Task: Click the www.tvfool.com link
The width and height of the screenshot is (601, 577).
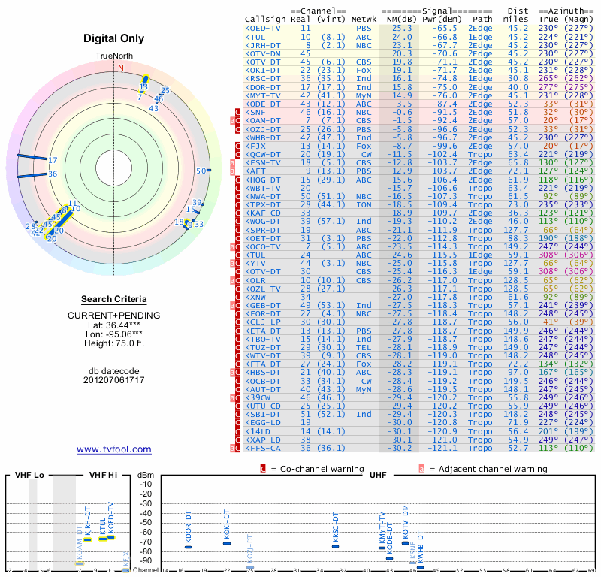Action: point(114,449)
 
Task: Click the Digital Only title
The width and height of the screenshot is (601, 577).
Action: point(114,38)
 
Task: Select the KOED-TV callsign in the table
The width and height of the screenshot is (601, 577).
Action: point(263,28)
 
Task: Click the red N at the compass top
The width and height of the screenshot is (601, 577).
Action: point(120,68)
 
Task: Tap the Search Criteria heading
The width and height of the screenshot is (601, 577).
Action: point(114,299)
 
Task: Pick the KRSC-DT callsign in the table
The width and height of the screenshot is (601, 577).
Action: point(263,78)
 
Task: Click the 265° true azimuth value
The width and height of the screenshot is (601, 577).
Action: point(549,78)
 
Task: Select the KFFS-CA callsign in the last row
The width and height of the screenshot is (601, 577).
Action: point(263,449)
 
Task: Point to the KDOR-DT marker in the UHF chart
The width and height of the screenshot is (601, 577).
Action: point(189,547)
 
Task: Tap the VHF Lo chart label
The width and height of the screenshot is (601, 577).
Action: point(28,476)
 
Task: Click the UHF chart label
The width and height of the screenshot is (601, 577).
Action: point(373,476)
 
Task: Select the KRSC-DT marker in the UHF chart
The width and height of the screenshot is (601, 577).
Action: point(336,546)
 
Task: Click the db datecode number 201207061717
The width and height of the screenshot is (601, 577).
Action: point(114,380)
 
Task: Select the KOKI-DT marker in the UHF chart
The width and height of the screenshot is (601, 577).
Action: point(227,542)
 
